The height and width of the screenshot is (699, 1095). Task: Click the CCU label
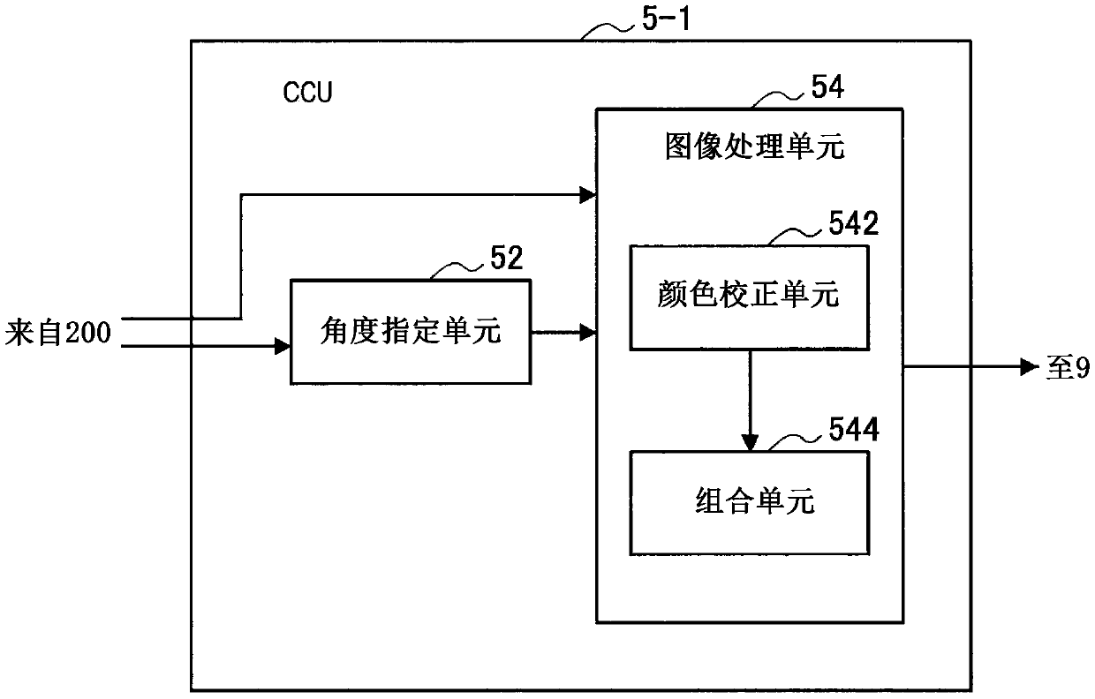pos(307,92)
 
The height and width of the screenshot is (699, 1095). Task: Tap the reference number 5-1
pos(666,19)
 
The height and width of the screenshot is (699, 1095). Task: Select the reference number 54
pos(827,87)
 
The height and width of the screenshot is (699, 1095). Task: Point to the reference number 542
pos(854,223)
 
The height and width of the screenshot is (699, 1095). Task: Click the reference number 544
pos(854,429)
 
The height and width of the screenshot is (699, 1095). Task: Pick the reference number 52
pos(507,258)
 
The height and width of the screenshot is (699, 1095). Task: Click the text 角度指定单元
pos(411,331)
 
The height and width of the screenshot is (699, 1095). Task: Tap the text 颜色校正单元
pos(749,295)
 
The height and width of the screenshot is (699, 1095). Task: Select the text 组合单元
pos(755,501)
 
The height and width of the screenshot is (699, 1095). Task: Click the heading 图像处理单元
pos(755,146)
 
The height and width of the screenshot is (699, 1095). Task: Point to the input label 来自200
pos(58,333)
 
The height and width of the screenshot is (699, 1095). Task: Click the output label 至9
pos(1068,367)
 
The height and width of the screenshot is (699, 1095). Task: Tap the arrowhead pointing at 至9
pos(1030,366)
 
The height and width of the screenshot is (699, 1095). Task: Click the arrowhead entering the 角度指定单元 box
pos(283,346)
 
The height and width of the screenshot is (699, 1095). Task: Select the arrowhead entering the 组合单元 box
pos(750,442)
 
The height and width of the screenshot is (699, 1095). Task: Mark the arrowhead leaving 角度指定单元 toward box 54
pos(587,333)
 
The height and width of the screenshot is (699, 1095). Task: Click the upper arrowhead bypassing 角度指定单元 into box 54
pos(587,195)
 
